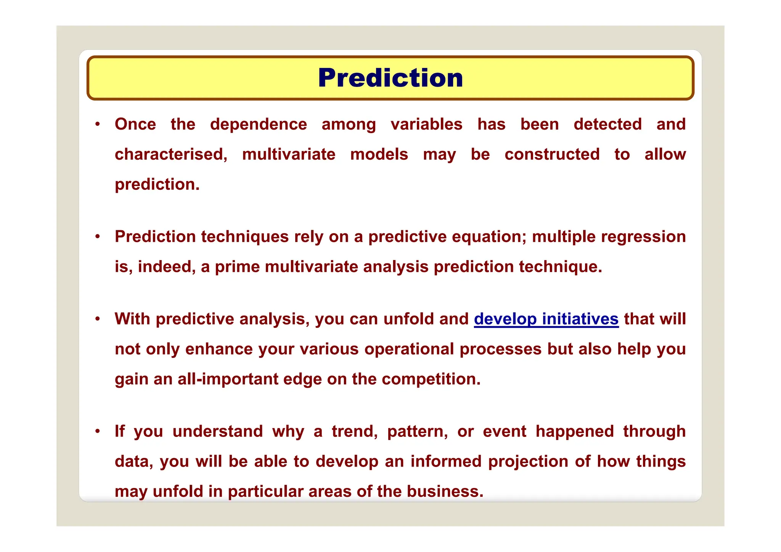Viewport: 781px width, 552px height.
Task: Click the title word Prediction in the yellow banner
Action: pyautogui.click(x=390, y=78)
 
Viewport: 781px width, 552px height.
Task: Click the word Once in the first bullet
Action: pyautogui.click(x=135, y=124)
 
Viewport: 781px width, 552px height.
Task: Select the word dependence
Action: pyautogui.click(x=258, y=124)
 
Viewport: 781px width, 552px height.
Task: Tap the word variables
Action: pyautogui.click(x=426, y=124)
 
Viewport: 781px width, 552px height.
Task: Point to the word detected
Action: pyautogui.click(x=607, y=124)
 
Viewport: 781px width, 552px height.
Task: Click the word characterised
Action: pyautogui.click(x=170, y=154)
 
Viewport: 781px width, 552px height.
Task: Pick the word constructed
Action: pyautogui.click(x=552, y=154)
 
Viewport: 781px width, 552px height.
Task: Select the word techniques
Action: pyautogui.click(x=245, y=237)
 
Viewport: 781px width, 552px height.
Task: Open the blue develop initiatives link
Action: pyautogui.click(x=546, y=319)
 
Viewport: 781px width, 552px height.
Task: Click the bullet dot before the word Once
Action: pyautogui.click(x=98, y=124)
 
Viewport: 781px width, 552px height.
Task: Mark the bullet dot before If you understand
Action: pyautogui.click(x=98, y=432)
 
